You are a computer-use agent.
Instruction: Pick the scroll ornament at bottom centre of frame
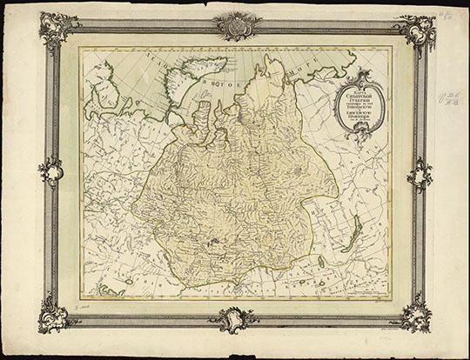pos(233,318)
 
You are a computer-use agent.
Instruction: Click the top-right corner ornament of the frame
pos(413,31)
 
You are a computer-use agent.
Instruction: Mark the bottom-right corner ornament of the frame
pos(414,314)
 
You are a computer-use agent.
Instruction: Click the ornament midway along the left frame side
pos(50,170)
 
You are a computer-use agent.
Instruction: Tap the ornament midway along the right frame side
pos(420,174)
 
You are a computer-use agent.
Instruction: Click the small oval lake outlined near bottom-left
pos(128,281)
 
